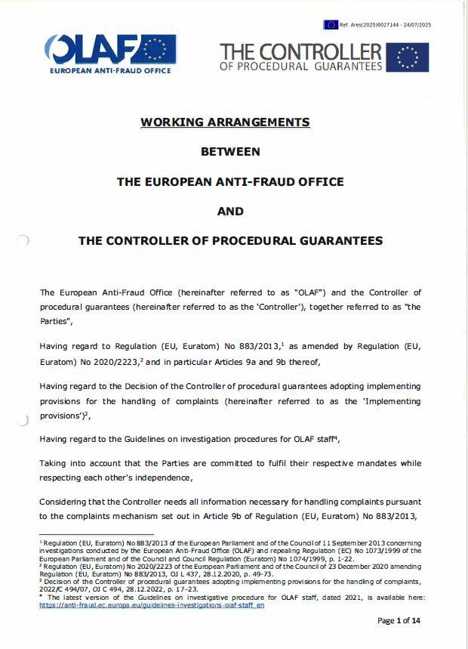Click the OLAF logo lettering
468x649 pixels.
click(x=91, y=50)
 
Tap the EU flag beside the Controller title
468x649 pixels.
click(x=408, y=57)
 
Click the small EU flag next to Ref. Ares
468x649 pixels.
click(x=331, y=25)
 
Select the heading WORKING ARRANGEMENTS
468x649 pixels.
click(x=225, y=122)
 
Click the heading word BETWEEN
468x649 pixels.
click(x=230, y=151)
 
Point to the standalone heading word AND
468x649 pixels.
click(x=230, y=212)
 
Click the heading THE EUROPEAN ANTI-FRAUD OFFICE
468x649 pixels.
click(x=230, y=181)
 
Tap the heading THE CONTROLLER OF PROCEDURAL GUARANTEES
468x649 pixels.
click(x=230, y=241)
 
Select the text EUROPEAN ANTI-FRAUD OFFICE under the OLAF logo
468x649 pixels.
click(x=110, y=70)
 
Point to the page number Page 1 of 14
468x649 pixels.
click(x=398, y=621)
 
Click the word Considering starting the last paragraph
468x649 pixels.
click(x=66, y=502)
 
